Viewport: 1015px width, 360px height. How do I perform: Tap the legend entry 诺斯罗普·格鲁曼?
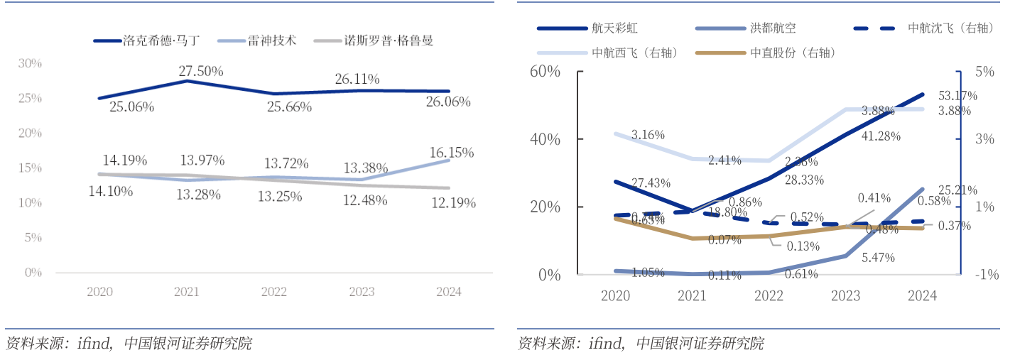pos(388,40)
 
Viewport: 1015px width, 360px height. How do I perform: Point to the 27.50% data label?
pos(201,71)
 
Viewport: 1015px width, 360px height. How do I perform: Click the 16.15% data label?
pos(451,153)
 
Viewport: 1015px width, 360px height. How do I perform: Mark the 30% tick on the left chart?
pos(31,63)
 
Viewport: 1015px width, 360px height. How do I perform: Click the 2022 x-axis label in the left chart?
pos(273,292)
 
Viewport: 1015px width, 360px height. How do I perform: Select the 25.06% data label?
pos(132,107)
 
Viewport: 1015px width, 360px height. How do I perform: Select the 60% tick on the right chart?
pos(546,72)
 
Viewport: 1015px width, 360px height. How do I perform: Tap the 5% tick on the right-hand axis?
pos(984,72)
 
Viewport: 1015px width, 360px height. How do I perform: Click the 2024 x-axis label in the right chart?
pos(922,296)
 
